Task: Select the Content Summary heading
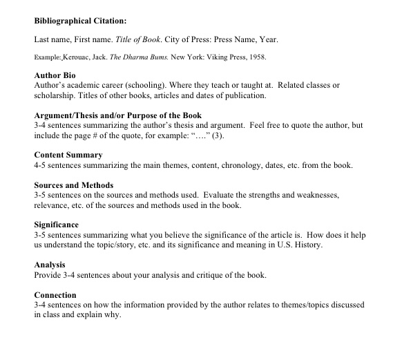click(68, 155)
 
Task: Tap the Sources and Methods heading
click(74, 186)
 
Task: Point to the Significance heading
click(56, 225)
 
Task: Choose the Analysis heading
click(49, 265)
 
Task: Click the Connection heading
click(55, 294)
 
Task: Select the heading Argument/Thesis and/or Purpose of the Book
click(117, 115)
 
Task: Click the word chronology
click(246, 166)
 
